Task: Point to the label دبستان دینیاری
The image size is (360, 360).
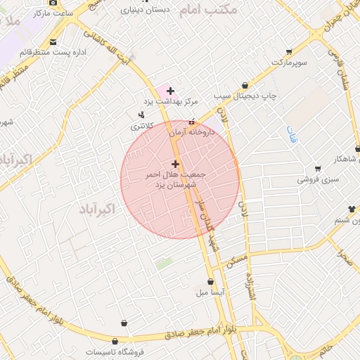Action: (146, 11)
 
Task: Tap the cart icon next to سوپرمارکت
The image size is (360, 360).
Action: (288, 52)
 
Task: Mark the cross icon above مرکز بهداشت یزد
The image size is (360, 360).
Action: (170, 91)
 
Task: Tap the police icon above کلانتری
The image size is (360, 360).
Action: (143, 115)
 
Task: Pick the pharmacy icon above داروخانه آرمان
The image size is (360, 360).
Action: (191, 122)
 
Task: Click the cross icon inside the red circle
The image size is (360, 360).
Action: (175, 164)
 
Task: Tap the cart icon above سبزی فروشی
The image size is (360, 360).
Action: (318, 169)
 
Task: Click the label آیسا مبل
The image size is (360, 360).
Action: (211, 291)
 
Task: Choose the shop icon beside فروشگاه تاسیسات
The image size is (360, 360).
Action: (124, 323)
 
